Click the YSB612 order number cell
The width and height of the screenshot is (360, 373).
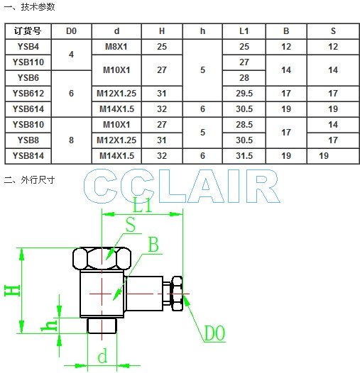28,94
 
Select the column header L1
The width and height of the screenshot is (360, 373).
244,31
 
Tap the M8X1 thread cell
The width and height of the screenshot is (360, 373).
116,47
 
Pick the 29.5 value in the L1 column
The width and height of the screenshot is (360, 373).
244,94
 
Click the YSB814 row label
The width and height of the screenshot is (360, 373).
28,156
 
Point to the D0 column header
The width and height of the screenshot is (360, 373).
71,31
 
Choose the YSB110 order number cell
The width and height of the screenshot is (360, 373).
28,62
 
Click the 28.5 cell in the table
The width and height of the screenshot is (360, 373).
244,124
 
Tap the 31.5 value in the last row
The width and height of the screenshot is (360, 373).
244,156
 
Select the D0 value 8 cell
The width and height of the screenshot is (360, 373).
71,140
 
